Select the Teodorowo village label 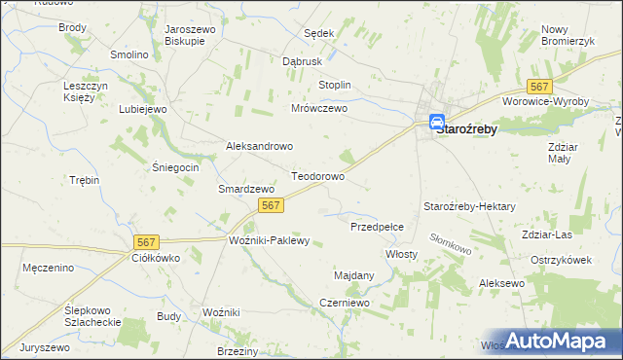click(318, 177)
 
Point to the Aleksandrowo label click(259, 146)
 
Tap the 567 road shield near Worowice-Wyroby click(538, 87)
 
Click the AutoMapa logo click(554, 341)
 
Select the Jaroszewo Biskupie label click(191, 36)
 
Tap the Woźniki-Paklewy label click(269, 240)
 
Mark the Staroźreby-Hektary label click(469, 206)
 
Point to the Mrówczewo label click(319, 109)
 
